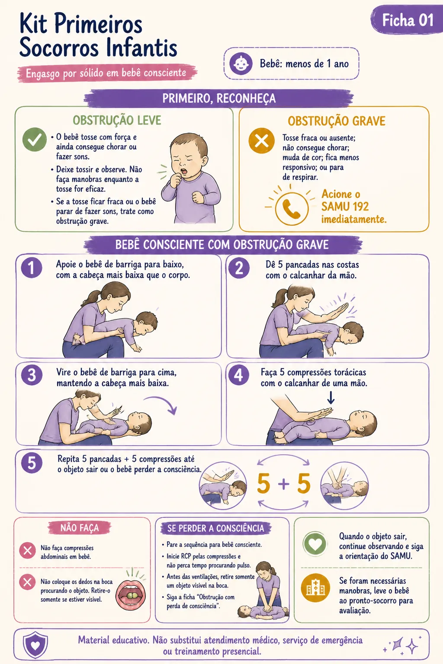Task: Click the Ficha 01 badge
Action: [407, 20]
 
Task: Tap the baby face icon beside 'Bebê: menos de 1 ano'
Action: [241, 64]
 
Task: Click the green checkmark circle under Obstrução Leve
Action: [35, 140]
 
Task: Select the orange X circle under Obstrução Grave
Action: [261, 140]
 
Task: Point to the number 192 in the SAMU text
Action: [359, 206]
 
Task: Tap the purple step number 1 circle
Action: [32, 268]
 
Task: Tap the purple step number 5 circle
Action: [32, 463]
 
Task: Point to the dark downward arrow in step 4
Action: [331, 398]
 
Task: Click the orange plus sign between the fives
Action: [284, 484]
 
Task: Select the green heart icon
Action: [315, 544]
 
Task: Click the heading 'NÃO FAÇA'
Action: [80, 528]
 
